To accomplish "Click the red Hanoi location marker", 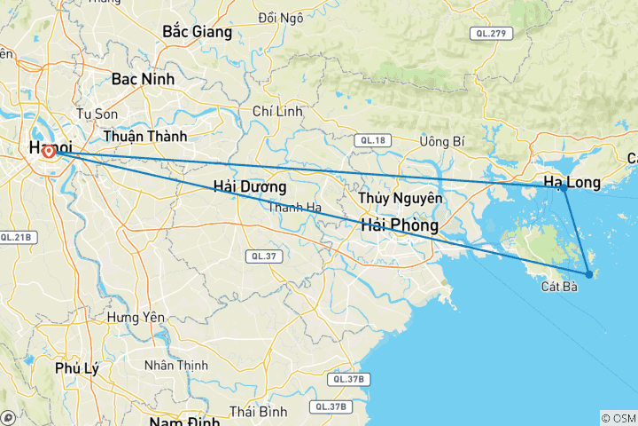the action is coord(49,152).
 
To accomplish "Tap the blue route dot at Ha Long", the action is coord(564,187).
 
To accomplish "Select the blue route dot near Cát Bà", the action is coord(589,274).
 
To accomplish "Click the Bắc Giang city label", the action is coord(197,32).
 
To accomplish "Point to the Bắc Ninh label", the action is coord(143,79).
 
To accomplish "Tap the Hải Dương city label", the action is coord(250,187).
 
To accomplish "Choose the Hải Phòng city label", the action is coord(399,226).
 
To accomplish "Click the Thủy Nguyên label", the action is coord(400,197).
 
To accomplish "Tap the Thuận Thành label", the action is coord(144,137).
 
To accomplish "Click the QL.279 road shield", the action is coord(489,34).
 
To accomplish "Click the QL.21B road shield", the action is coord(16,237).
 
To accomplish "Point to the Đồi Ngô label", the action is coord(280,17).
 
